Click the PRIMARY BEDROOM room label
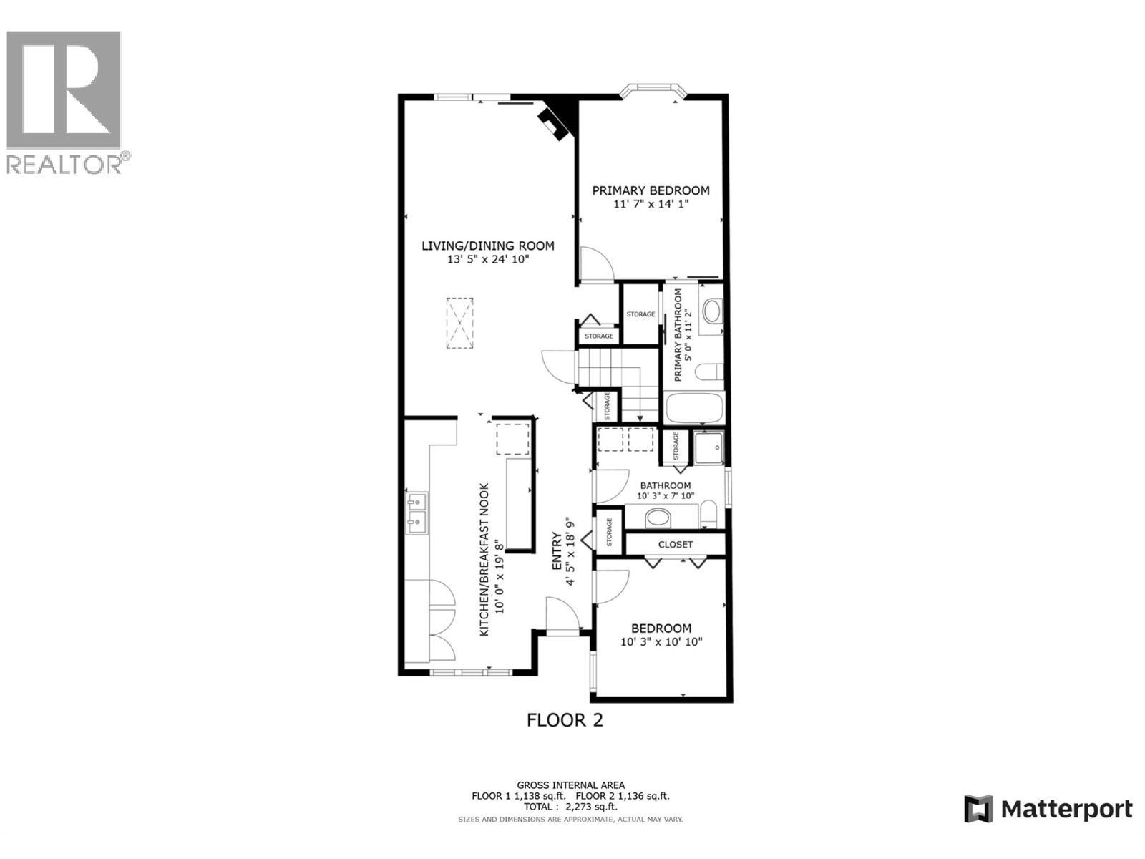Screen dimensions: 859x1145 (651, 190)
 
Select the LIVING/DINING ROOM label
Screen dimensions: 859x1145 (487, 246)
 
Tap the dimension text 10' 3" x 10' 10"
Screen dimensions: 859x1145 (661, 642)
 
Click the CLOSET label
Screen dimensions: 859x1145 (676, 544)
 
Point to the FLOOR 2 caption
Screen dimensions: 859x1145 (565, 720)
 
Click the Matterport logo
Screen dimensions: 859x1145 (1048, 810)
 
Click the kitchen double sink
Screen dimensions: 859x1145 (416, 513)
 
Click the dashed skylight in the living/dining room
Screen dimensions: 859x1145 (460, 323)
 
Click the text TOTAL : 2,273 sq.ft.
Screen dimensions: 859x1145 (570, 807)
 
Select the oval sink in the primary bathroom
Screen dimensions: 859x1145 (713, 311)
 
